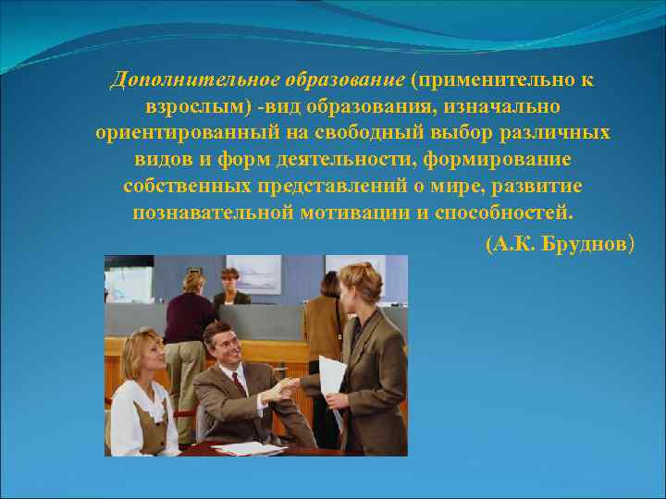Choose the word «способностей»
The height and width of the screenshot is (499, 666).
click(x=508, y=213)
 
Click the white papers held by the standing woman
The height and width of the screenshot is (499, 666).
click(x=331, y=379)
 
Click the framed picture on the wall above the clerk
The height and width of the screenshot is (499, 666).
click(x=253, y=274)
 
